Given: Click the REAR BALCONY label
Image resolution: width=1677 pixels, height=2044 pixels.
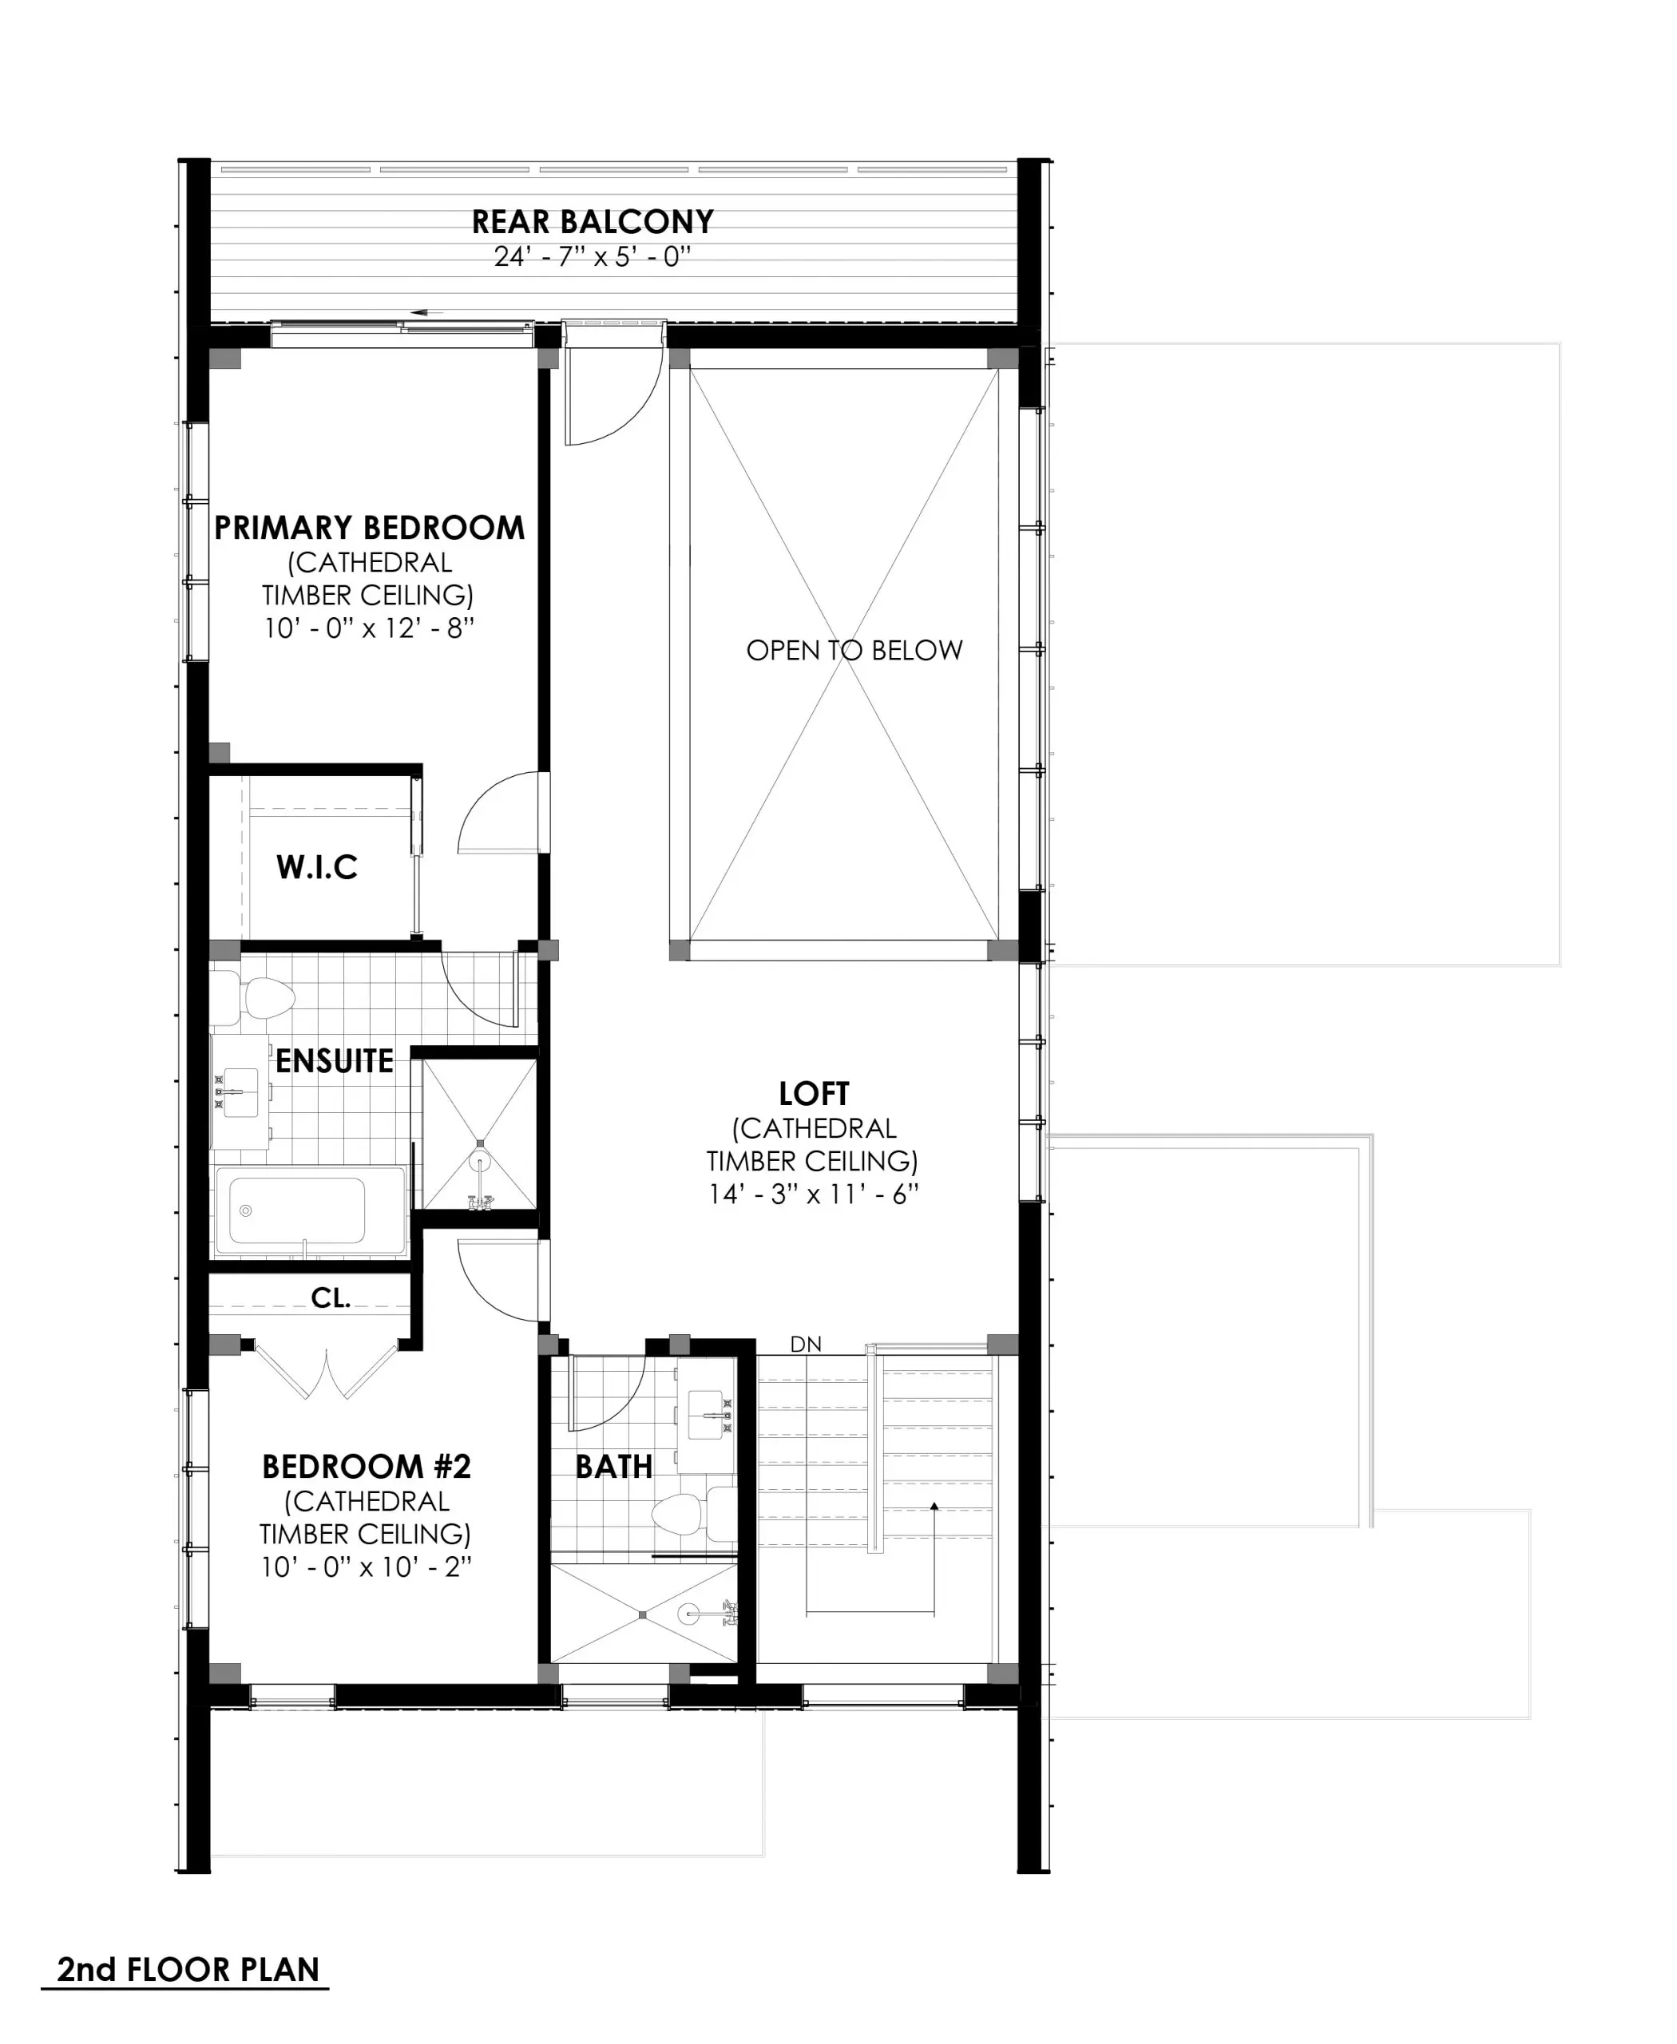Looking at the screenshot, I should [593, 222].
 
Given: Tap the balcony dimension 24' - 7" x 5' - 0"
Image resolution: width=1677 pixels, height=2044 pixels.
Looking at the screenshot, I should [593, 257].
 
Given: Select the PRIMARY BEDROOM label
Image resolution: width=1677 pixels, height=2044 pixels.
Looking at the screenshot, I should [369, 529].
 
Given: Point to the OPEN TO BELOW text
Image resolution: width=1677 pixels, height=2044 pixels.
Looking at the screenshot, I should [854, 650].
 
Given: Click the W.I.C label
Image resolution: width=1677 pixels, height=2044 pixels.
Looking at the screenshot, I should [317, 867].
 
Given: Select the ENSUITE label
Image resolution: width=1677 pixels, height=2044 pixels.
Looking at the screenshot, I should [335, 1062].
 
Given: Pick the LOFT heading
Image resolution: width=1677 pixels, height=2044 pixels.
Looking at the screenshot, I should [814, 1095].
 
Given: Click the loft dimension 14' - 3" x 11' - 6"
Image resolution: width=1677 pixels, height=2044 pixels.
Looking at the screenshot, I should [814, 1195].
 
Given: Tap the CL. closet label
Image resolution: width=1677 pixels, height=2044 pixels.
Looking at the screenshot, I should [331, 1298].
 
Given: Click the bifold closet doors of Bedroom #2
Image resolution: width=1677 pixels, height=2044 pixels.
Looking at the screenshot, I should [327, 1370].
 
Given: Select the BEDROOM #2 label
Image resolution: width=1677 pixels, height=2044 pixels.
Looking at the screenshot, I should [366, 1467].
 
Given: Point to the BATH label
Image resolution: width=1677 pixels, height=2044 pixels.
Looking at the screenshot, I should [613, 1467].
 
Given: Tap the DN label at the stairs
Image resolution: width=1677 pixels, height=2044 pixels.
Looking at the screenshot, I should [806, 1345].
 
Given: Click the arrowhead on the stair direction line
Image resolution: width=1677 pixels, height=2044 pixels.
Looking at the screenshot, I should [934, 1506].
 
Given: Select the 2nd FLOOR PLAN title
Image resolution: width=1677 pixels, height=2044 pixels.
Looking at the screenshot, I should [188, 1969].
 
